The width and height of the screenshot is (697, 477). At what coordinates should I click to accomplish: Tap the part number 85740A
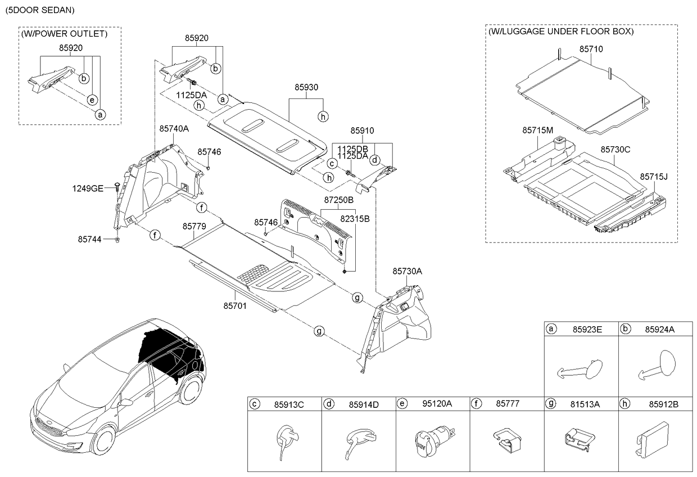(x=174, y=129)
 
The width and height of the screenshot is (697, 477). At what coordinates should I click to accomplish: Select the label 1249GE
(x=87, y=188)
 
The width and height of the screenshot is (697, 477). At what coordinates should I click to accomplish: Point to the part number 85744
(x=90, y=239)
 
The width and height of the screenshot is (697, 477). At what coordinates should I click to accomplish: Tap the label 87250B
(x=338, y=200)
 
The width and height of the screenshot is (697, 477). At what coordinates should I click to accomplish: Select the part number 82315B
(x=355, y=219)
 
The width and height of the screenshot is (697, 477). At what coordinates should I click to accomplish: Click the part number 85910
(x=362, y=130)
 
